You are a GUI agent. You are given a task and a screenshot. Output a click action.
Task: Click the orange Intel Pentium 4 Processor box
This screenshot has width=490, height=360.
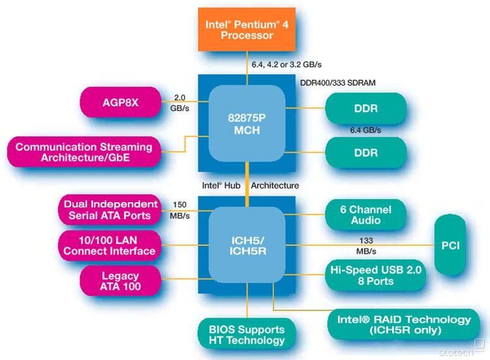(x=246, y=29)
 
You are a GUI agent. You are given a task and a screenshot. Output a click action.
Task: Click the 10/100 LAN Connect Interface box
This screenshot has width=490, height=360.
(x=110, y=245)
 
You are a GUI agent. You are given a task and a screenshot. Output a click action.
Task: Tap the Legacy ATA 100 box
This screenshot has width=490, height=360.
(x=121, y=280)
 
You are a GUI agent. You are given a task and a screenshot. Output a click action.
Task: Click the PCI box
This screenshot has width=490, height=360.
(x=450, y=245)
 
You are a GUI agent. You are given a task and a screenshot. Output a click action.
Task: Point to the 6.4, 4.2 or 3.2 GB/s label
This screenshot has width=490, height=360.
(x=286, y=65)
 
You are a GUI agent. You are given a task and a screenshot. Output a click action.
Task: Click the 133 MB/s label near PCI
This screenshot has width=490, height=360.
(x=365, y=245)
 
